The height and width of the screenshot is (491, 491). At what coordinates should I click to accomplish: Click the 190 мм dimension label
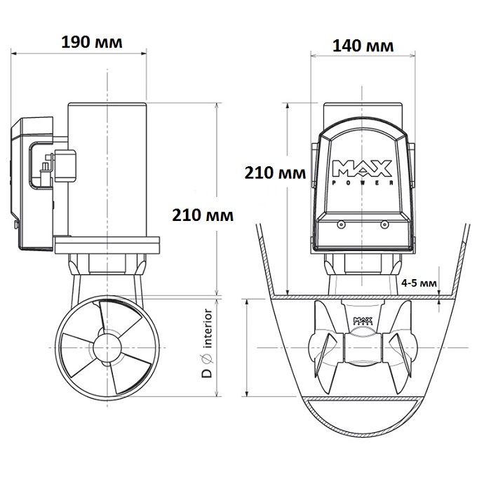[x=92, y=42]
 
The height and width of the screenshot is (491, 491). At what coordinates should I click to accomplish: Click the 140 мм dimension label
[x=363, y=46]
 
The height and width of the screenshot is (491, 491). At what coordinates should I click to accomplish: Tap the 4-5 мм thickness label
[x=419, y=283]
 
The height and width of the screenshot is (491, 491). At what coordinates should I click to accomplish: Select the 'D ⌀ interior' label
[x=207, y=343]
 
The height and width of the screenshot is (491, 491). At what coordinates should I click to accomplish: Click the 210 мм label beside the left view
[x=203, y=215]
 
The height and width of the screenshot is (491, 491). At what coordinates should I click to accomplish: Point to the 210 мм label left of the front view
[x=275, y=173]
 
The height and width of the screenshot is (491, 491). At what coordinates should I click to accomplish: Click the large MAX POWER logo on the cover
[x=363, y=173]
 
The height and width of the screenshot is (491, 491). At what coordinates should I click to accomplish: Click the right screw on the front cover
[x=384, y=224]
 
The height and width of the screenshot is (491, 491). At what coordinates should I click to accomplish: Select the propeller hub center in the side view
[x=107, y=348]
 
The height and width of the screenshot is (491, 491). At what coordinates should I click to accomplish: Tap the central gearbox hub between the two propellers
[x=363, y=348]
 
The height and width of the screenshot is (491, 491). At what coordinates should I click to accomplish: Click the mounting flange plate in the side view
[x=107, y=245]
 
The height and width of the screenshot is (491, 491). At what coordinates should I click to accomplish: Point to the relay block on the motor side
[x=65, y=166]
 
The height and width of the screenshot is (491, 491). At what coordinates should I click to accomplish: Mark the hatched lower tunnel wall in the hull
[x=363, y=400]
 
